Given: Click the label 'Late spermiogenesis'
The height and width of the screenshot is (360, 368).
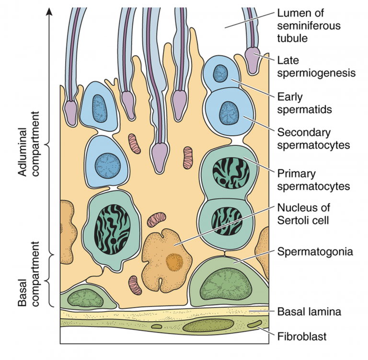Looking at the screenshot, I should [x=316, y=67].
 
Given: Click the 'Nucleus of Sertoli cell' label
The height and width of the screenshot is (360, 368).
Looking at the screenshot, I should [x=307, y=214].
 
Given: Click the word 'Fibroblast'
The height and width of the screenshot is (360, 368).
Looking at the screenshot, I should [x=302, y=336].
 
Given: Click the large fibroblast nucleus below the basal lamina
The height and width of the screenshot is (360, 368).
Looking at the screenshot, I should [x=201, y=327].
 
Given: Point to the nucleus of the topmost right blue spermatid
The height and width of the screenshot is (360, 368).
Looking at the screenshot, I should [x=220, y=73].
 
